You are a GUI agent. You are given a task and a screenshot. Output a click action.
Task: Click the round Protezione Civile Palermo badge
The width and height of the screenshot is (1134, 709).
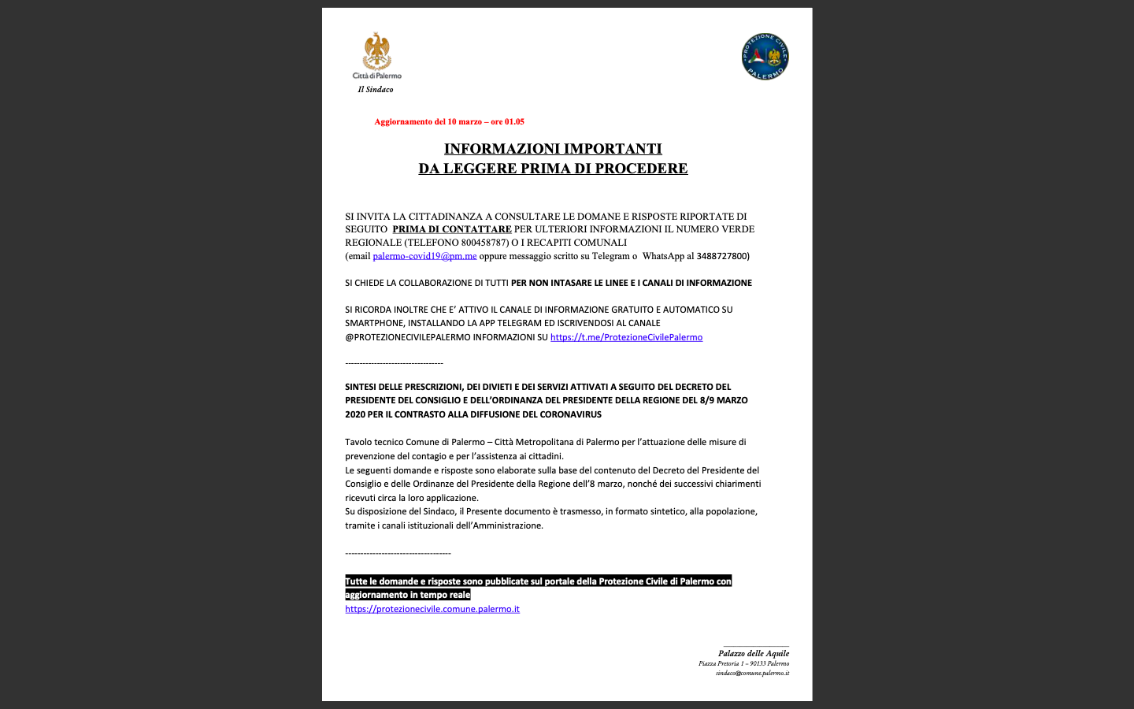tap(765, 57)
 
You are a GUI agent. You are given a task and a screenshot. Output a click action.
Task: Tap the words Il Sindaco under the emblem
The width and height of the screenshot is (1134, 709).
tap(376, 90)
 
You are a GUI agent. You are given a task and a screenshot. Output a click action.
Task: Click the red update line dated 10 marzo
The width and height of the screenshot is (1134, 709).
tap(449, 122)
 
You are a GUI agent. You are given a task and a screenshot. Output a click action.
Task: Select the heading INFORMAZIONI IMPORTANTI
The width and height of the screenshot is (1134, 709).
tap(553, 149)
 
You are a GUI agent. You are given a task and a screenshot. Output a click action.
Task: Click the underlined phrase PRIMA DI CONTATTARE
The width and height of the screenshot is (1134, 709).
tap(452, 229)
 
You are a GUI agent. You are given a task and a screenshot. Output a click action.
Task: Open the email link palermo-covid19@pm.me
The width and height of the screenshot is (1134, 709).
tap(424, 256)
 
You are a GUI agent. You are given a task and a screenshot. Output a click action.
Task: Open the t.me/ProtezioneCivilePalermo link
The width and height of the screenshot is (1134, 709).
tap(626, 337)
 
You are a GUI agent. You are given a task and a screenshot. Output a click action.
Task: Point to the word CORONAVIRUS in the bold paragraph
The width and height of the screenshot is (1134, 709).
tap(571, 414)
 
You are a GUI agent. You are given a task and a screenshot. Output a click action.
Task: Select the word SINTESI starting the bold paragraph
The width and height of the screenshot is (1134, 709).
tap(361, 387)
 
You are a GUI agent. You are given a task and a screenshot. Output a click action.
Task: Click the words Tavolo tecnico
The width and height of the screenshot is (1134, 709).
tap(373, 442)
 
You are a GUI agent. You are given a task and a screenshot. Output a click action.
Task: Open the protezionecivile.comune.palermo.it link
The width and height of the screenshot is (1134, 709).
tap(432, 609)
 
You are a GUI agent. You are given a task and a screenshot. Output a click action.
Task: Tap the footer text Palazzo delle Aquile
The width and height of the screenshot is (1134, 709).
tap(753, 653)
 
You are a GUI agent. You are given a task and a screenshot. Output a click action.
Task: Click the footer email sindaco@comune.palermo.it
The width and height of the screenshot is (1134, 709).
tap(752, 674)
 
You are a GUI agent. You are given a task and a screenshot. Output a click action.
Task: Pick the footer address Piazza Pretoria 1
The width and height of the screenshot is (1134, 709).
tap(720, 663)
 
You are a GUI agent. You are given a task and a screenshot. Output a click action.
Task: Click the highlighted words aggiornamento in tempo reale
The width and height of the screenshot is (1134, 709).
tap(408, 595)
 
